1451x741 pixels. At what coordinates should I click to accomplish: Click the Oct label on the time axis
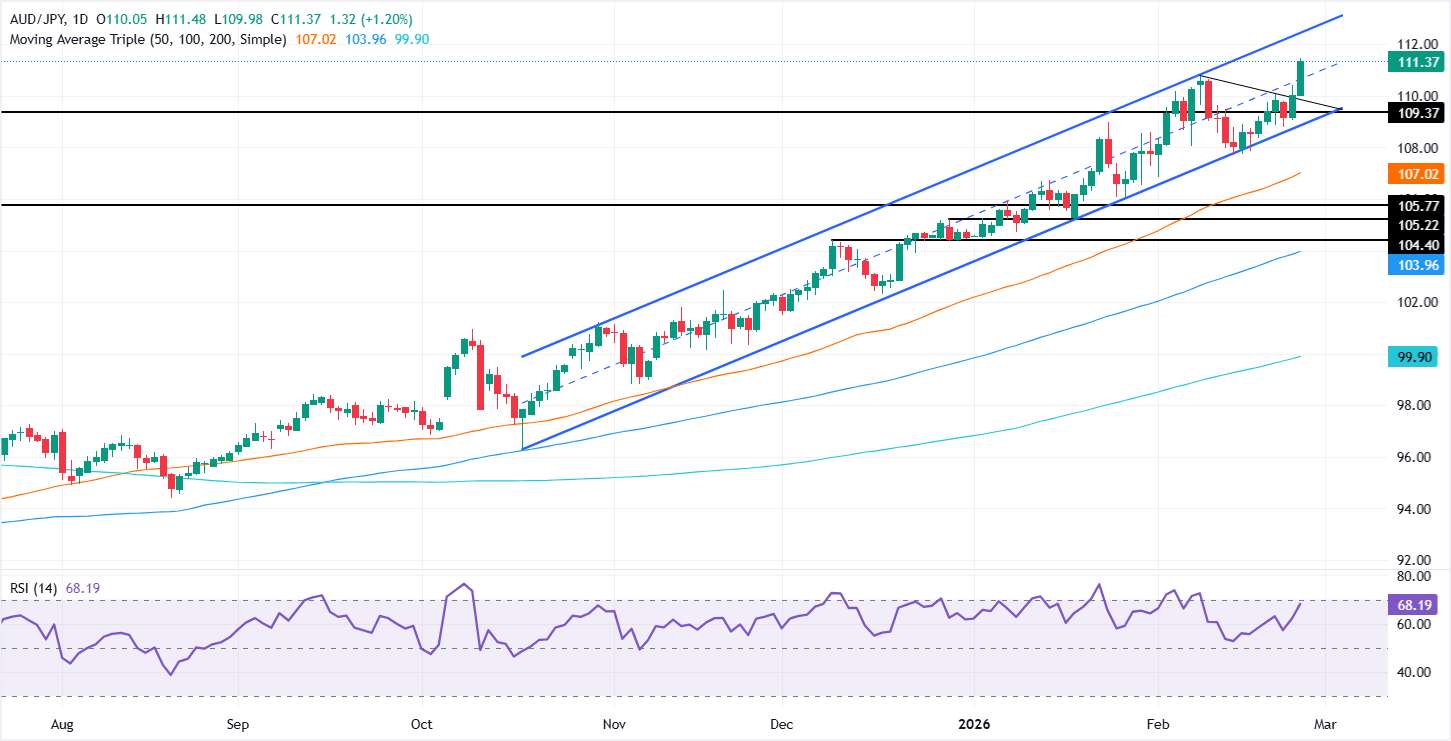tap(422, 723)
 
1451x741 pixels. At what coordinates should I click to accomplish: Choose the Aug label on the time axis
tap(62, 723)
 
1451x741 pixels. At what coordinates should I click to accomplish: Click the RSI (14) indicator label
tap(32, 588)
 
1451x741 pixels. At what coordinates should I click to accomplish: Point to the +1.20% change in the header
tap(390, 20)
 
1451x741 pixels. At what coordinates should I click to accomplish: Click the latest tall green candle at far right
tap(1300, 78)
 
